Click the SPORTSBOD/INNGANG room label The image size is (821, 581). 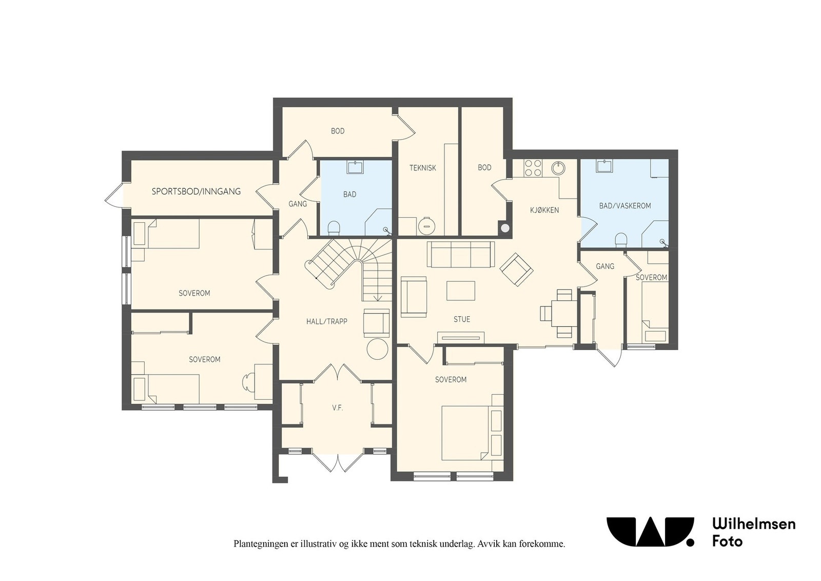pos(196,191)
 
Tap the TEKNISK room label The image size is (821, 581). pos(423,168)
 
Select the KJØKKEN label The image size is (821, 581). pos(544,210)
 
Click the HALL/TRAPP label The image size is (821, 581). pos(326,321)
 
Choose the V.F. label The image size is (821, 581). pos(338,408)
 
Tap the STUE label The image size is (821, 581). pos(462,319)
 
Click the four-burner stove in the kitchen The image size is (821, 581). pos(533,168)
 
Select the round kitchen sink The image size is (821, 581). pos(558,168)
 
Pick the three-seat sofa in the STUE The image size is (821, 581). pos(461,255)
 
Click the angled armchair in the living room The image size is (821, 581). pos(516,269)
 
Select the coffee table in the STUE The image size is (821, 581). pos(461,290)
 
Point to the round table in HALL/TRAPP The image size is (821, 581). pos(377,349)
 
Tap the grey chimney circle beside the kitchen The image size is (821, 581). pos(505,228)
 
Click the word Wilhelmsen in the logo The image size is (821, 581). pos(754,524)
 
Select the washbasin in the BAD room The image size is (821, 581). pos(355,167)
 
